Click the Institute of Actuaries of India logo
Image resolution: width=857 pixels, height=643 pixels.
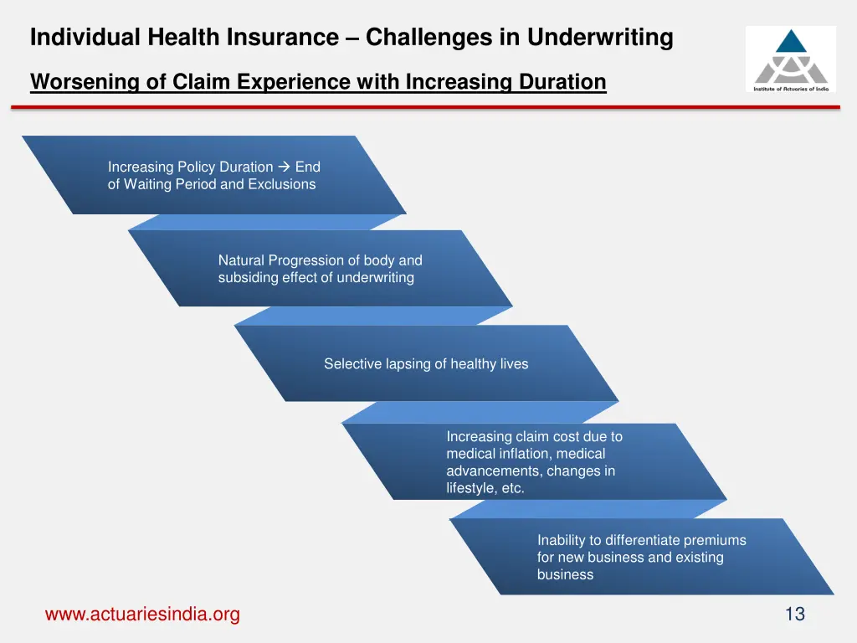coord(790,59)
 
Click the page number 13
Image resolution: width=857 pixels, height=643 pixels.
coord(794,615)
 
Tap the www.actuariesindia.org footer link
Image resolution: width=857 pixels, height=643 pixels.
coord(142,615)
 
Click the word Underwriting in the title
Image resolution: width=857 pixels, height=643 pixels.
coord(600,38)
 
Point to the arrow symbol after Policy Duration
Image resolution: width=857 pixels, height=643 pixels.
coord(284,167)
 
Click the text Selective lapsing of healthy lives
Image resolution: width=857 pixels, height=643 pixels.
coord(426,363)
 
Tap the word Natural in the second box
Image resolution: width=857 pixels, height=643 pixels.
coord(241,260)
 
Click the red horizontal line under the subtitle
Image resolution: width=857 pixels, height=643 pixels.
coord(425,107)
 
